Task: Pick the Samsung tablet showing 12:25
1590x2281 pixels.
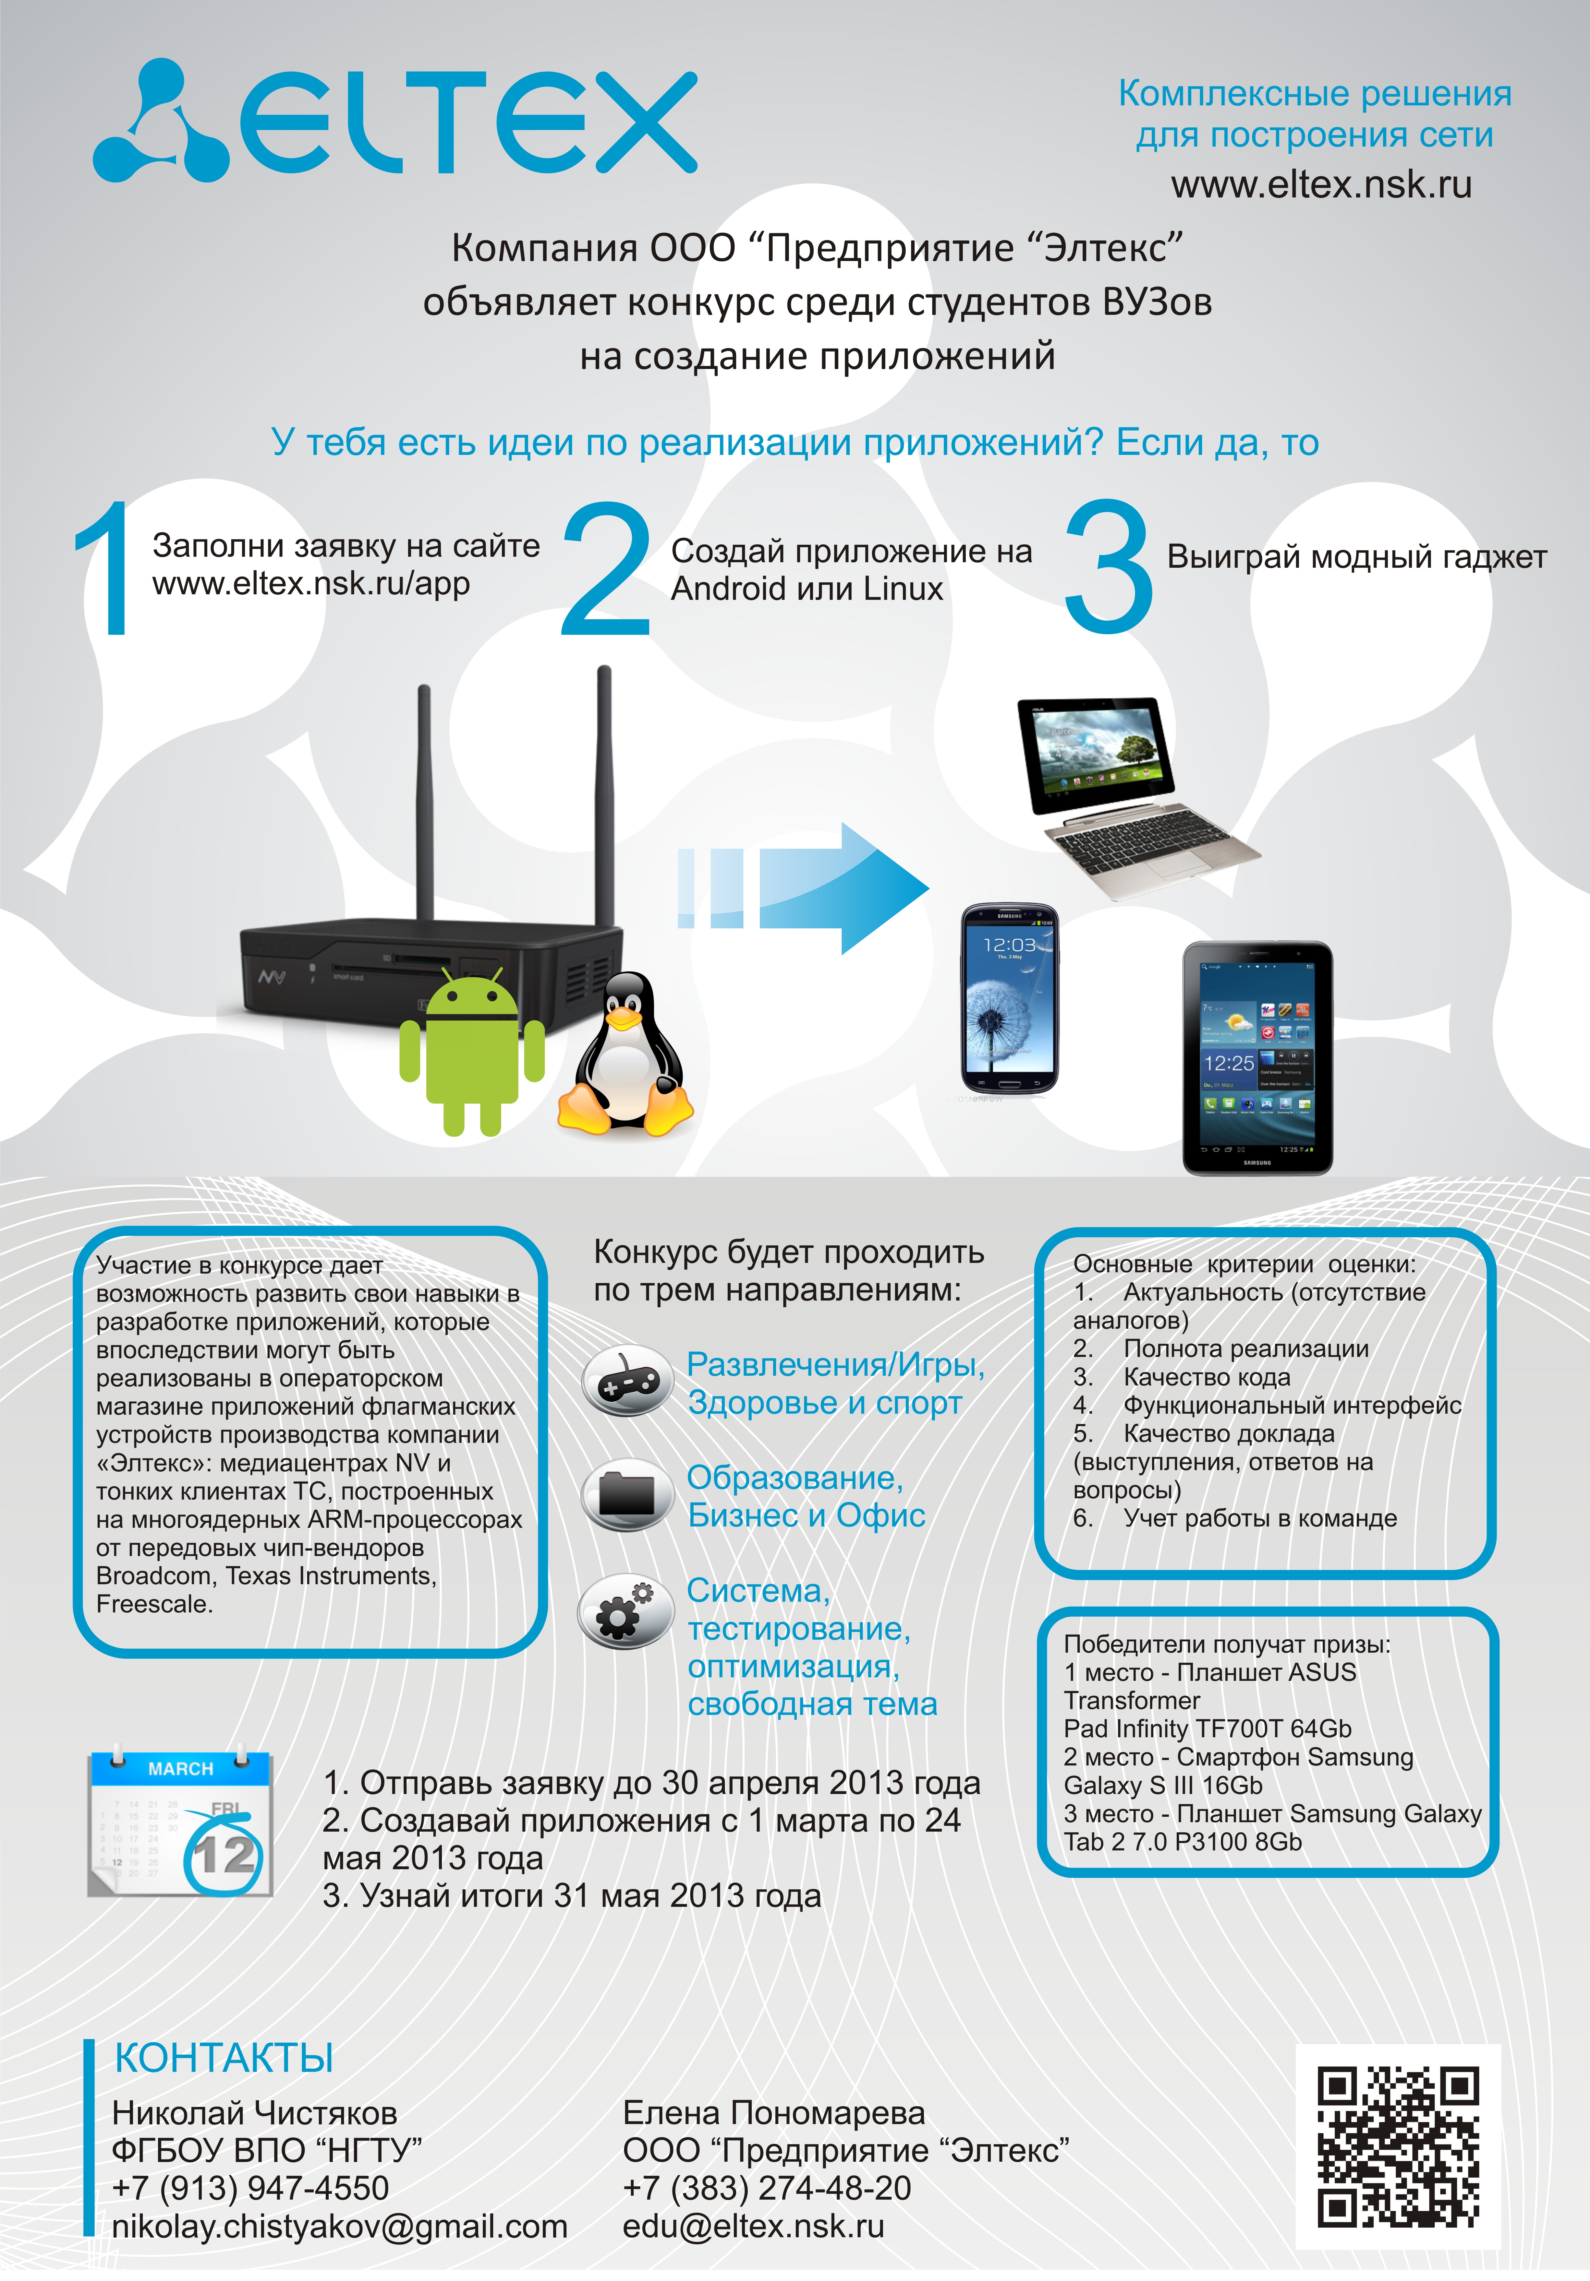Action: [1257, 1058]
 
